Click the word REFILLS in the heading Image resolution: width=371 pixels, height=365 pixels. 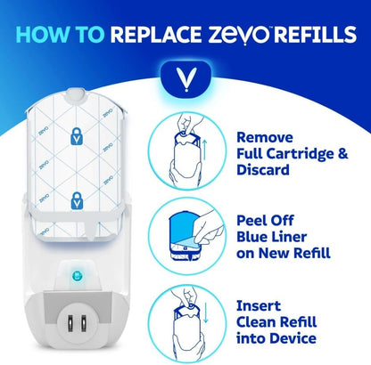(315, 34)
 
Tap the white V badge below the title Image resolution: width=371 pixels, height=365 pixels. (186, 79)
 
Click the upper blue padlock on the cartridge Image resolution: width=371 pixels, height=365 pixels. (77, 136)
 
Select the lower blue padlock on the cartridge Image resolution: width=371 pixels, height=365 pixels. (77, 200)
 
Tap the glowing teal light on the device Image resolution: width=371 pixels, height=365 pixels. (78, 276)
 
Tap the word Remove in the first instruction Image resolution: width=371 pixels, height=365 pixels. (265, 137)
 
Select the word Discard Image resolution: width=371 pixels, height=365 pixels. (263, 170)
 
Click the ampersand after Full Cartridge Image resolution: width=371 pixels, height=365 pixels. (342, 154)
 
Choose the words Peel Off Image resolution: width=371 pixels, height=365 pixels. (265, 221)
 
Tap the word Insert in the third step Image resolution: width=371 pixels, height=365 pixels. (259, 306)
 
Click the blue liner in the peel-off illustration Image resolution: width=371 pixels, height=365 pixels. (184, 229)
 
